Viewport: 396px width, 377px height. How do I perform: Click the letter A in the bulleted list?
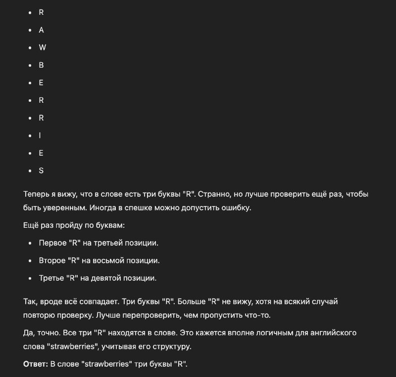point(42,30)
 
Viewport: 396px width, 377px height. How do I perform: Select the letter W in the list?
point(43,47)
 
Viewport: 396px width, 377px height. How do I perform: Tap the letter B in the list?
point(42,65)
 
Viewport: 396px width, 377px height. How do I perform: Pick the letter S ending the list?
point(42,170)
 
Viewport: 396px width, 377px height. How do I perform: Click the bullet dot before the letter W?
point(30,48)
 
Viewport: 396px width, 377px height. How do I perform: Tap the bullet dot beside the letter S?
point(30,171)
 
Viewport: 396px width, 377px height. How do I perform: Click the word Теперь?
point(36,194)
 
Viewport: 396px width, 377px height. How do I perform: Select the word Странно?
point(214,194)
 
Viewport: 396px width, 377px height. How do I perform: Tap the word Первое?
point(52,243)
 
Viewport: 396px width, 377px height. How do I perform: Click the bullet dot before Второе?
point(30,261)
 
